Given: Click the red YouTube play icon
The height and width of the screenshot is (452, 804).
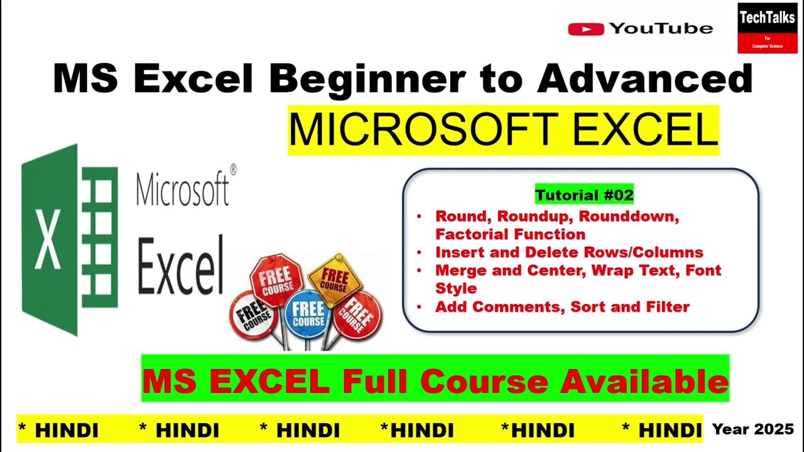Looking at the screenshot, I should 585,29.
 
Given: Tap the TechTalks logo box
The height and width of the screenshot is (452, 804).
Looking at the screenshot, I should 767,28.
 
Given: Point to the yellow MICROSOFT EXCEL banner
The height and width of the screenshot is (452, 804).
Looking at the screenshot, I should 503,130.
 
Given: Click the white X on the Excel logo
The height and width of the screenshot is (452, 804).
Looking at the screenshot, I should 48,240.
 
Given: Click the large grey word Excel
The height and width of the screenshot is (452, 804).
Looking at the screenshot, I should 180,266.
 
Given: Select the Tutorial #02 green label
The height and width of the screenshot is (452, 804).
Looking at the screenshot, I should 584,195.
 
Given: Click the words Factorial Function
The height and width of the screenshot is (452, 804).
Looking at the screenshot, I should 510,234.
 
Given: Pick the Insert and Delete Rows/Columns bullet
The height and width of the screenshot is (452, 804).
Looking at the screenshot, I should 569,252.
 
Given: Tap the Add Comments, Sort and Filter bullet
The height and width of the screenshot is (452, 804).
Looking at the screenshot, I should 562,307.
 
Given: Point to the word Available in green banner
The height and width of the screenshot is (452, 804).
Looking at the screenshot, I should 644,380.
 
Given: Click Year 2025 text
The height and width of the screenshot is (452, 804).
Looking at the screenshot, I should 752,429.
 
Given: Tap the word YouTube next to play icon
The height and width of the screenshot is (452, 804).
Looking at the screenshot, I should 661,29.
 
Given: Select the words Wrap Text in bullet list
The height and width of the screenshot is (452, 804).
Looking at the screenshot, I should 641,271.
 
